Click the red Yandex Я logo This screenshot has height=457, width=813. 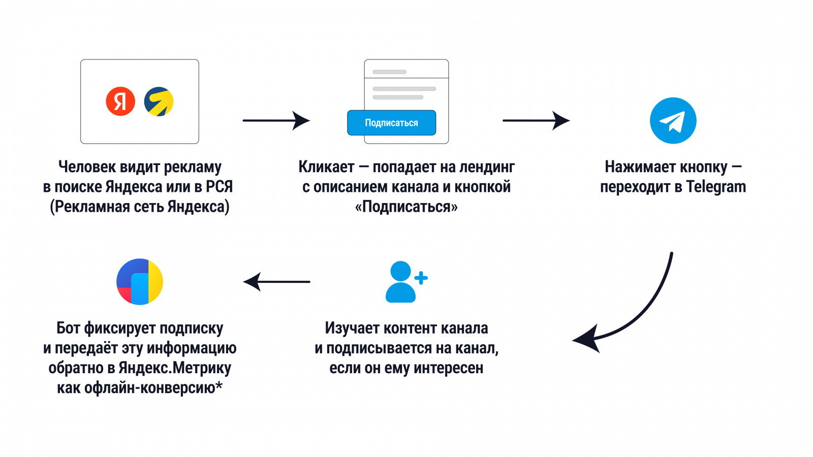click(x=120, y=102)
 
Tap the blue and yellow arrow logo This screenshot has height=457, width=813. click(x=159, y=102)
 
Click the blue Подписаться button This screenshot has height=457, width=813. click(x=391, y=123)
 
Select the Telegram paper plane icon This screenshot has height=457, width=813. click(x=673, y=121)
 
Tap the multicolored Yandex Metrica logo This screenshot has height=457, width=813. click(x=140, y=282)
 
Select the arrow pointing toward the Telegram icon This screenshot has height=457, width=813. click(x=536, y=120)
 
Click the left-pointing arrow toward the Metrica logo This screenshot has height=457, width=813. click(x=277, y=281)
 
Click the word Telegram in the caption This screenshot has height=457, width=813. click(x=716, y=187)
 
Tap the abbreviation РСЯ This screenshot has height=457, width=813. click(x=219, y=187)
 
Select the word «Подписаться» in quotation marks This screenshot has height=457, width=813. click(x=406, y=207)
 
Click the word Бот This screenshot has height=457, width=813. click(x=68, y=328)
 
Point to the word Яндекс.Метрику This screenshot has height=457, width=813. click(x=175, y=368)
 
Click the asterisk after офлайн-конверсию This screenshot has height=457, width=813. click(x=219, y=385)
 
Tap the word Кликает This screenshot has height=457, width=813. click(x=326, y=167)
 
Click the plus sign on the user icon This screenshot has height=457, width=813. click(x=421, y=278)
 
